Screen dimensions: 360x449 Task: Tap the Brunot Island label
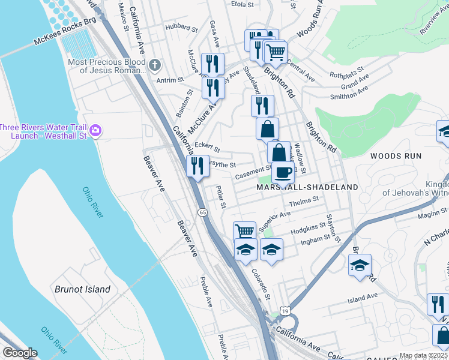82,289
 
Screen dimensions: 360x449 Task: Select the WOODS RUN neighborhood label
396,156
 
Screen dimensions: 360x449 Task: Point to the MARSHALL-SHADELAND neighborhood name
307,187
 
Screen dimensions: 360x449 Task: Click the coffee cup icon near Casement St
283,173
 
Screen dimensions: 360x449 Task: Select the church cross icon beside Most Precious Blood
155,65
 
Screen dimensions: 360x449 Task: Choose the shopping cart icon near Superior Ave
244,230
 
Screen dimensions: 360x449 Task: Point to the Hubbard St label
182,28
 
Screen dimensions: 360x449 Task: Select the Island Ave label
363,296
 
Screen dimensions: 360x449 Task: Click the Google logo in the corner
20,353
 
